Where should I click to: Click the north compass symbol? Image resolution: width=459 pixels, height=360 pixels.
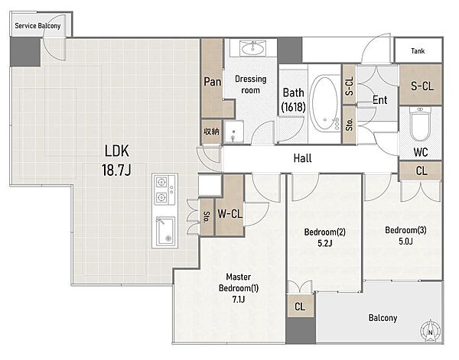(x=430, y=331)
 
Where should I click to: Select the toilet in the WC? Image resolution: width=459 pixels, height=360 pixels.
(x=420, y=124)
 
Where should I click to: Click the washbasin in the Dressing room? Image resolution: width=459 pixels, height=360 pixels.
(x=253, y=48)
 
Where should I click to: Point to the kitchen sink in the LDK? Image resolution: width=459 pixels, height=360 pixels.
(x=165, y=232)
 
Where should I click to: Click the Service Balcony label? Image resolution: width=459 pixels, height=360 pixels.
(x=37, y=26)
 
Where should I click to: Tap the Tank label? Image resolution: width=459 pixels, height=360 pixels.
(x=418, y=51)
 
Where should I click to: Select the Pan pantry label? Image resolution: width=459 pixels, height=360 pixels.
(x=212, y=82)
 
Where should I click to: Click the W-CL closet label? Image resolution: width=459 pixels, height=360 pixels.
(x=229, y=214)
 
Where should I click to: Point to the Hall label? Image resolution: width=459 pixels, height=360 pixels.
(x=302, y=158)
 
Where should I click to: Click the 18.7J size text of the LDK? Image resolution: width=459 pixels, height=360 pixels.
(x=116, y=170)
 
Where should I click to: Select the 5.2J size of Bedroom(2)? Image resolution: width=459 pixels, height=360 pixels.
(x=324, y=243)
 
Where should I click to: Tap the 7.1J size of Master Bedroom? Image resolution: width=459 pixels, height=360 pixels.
(x=239, y=299)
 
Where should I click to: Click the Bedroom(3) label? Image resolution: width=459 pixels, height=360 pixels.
(x=405, y=230)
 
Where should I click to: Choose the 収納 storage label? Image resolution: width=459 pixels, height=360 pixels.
(x=211, y=131)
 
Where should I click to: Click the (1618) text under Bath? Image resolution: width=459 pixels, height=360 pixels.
(x=293, y=107)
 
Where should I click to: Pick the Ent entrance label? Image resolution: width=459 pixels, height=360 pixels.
(x=380, y=100)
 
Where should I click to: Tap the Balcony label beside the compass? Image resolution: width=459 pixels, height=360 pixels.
(x=382, y=318)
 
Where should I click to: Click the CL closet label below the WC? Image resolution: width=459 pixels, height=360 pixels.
(x=422, y=170)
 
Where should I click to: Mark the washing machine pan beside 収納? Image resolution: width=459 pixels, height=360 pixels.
(x=233, y=131)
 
